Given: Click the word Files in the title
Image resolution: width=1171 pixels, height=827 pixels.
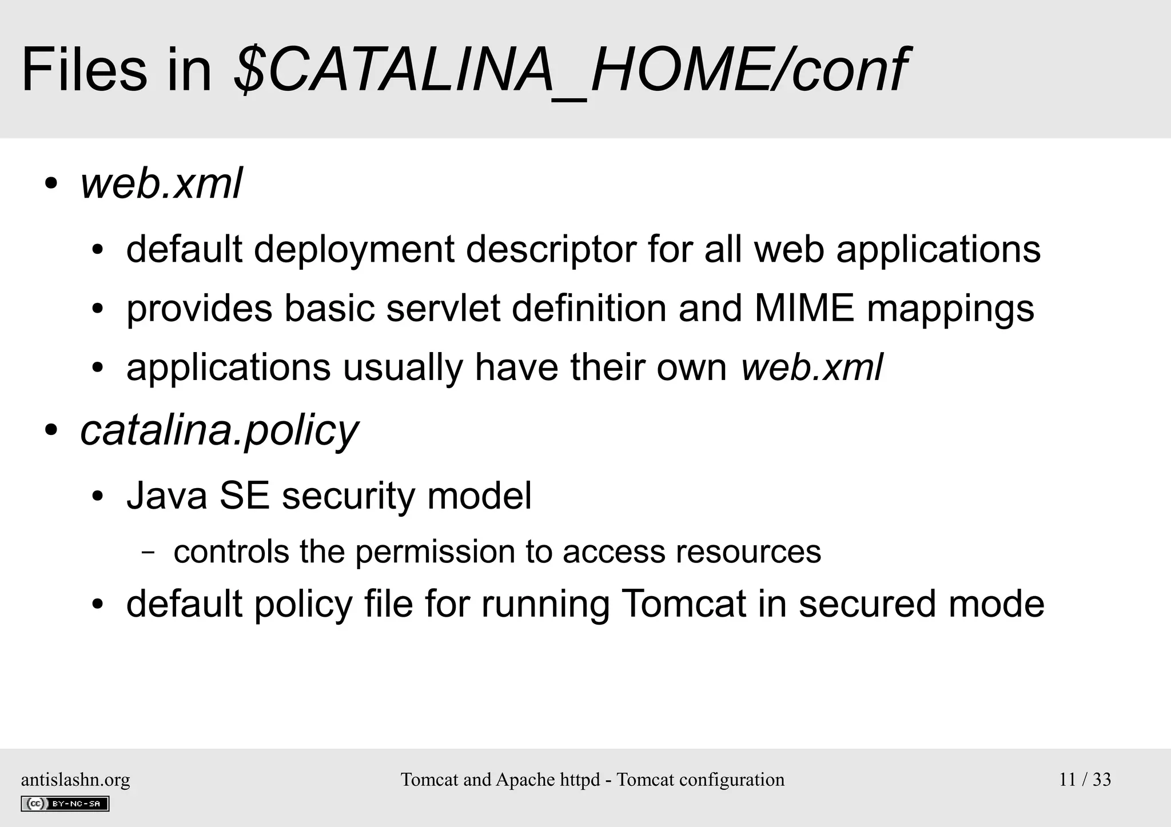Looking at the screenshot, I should pyautogui.click(x=84, y=70).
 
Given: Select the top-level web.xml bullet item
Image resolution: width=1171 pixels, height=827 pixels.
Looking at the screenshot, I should pyautogui.click(x=161, y=184).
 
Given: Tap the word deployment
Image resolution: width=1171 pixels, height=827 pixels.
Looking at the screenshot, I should pyautogui.click(x=354, y=250).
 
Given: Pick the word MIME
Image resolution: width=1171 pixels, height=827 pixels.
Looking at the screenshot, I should pyautogui.click(x=804, y=309).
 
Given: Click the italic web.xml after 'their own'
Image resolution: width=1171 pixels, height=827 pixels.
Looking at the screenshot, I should pyautogui.click(x=812, y=367).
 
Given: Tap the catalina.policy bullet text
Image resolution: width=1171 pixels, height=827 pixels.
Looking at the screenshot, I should pyautogui.click(x=219, y=430).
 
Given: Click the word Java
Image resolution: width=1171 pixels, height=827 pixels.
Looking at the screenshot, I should pyautogui.click(x=167, y=495).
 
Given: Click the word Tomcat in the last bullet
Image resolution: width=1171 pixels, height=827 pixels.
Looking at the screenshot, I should pyautogui.click(x=683, y=604).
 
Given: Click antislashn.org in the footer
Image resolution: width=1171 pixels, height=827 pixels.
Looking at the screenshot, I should pyautogui.click(x=75, y=780).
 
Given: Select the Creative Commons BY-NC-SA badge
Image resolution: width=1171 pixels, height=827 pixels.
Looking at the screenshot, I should pyautogui.click(x=65, y=804).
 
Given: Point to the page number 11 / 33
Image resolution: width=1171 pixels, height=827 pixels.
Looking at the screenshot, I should pyautogui.click(x=1085, y=780).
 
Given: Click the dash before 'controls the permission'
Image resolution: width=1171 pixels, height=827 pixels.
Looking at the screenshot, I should pyautogui.click(x=148, y=553).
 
